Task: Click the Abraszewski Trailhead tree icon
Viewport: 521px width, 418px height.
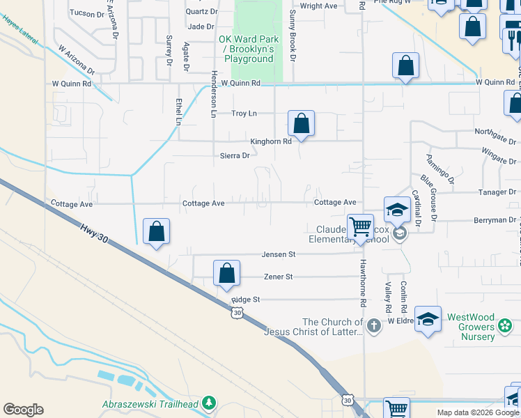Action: point(208,403)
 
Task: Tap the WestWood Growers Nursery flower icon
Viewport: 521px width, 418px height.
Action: point(505,326)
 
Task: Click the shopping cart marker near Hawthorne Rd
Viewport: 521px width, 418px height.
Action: point(360,227)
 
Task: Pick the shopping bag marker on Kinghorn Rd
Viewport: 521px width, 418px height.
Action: point(301,124)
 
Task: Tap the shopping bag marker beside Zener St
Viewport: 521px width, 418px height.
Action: point(226,274)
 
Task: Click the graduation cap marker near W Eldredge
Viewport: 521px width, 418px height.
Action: point(428,319)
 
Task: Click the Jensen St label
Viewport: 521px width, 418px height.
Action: point(279,254)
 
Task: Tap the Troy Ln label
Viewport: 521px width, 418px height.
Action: point(244,114)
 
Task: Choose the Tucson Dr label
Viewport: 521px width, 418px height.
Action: point(86,13)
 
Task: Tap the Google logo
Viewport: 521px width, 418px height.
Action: point(23,410)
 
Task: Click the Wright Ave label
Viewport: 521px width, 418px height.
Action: point(319,6)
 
